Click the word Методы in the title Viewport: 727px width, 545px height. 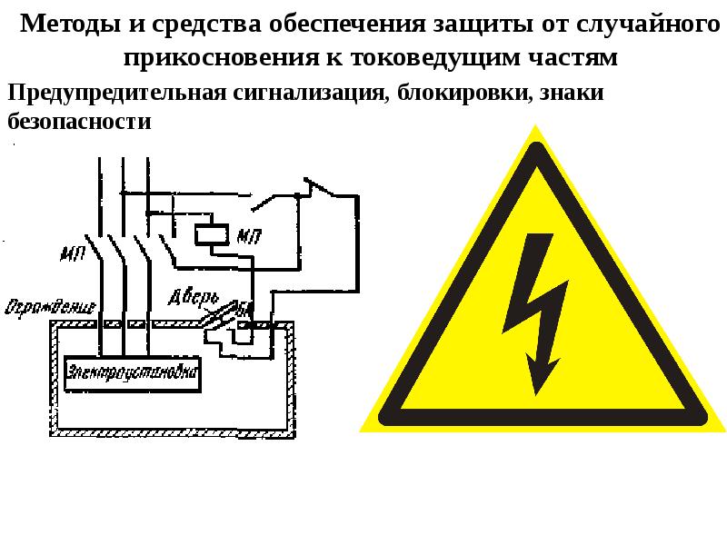click(63, 25)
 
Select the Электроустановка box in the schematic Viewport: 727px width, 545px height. click(133, 373)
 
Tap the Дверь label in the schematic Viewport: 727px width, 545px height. click(193, 296)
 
